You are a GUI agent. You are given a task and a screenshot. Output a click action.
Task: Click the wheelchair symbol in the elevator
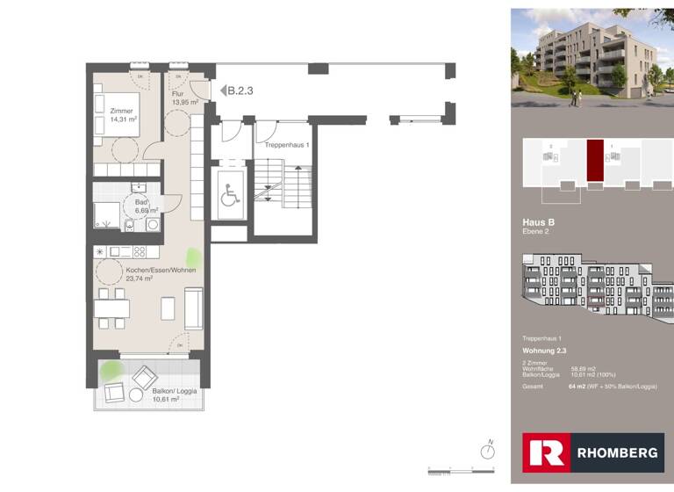(x=229, y=196)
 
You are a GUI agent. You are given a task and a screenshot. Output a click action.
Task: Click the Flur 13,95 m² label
(x=184, y=98)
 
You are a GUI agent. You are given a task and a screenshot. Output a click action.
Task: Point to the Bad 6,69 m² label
(x=145, y=206)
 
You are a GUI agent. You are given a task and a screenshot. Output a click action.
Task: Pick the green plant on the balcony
(x=110, y=371)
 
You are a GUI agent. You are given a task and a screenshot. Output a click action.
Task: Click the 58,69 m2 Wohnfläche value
(x=583, y=369)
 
